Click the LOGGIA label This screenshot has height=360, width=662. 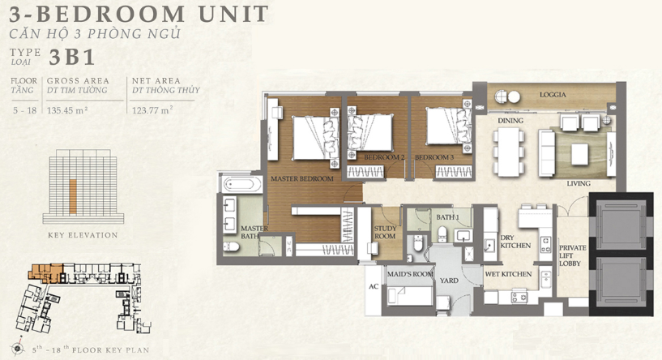tap(553, 95)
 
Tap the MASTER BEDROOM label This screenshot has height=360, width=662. tap(302, 178)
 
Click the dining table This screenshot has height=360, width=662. tap(509, 152)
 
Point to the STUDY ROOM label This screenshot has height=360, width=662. tap(385, 233)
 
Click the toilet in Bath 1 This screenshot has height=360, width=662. tap(442, 234)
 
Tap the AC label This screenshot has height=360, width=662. tap(374, 286)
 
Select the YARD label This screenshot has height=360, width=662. tap(449, 281)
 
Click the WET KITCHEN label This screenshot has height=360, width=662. tap(508, 274)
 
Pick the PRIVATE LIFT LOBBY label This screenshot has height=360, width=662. tap(573, 255)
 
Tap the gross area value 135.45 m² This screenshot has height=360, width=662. tap(67, 111)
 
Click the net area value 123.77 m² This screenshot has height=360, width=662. tap(152, 111)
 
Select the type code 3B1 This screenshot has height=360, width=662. tap(71, 58)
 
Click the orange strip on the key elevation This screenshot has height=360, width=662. tap(73, 196)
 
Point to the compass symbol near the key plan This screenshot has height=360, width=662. tap(18, 348)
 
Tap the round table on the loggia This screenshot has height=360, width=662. tap(514, 96)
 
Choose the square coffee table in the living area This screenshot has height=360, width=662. tap(579, 154)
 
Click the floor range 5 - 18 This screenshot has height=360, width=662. tap(25, 111)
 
